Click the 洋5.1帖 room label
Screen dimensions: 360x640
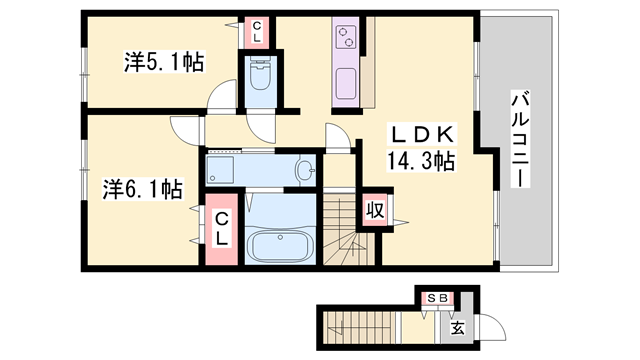(x=164, y=63)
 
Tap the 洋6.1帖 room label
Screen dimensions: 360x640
(x=141, y=188)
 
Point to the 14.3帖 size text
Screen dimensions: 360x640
(x=422, y=160)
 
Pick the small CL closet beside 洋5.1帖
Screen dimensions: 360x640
(x=256, y=32)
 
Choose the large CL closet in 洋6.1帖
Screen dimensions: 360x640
(x=222, y=229)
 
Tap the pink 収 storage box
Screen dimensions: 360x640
(x=374, y=211)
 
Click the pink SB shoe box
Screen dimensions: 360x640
(x=438, y=297)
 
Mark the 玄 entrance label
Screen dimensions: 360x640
(x=456, y=327)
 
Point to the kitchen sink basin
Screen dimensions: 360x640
(x=346, y=82)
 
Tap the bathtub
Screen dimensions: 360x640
(x=280, y=245)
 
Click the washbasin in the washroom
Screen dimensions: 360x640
(x=304, y=171)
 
